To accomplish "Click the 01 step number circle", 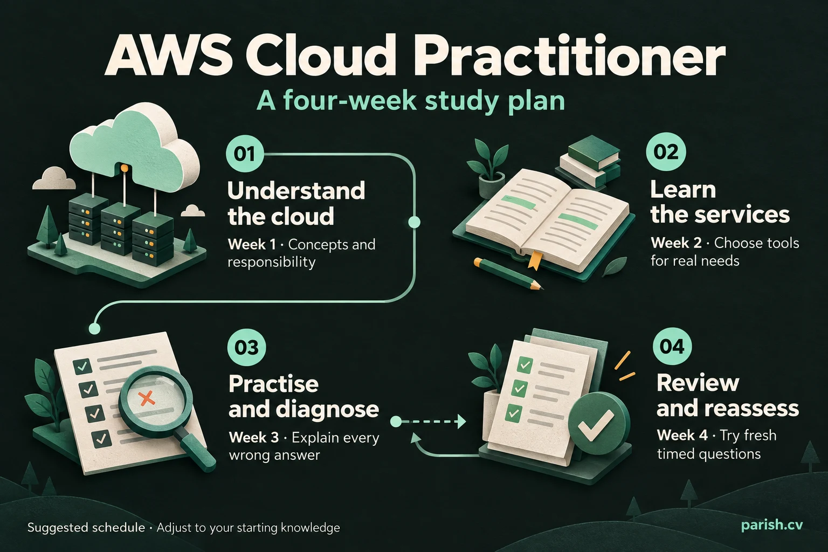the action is pos(245,154).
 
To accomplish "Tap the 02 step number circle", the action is pos(666,152).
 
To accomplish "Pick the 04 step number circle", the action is pos(672,347).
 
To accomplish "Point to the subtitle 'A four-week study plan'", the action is pos(411,100).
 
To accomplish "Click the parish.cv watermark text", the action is pos(772,525).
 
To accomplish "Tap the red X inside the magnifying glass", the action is pos(147,398).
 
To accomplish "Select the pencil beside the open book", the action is pos(509,274).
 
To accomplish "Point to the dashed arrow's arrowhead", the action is pos(461,421).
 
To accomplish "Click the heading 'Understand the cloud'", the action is pos(296,203).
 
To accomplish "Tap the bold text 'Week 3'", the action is pos(253,437).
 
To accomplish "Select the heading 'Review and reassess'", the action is pos(727,396).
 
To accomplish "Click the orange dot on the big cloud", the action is pos(124,169).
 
